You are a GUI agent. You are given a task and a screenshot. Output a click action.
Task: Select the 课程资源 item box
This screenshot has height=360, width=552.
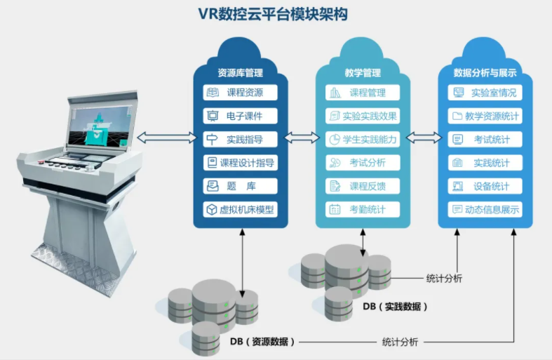(240, 93)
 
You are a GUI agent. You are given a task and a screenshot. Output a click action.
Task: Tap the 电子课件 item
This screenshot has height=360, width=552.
(240, 116)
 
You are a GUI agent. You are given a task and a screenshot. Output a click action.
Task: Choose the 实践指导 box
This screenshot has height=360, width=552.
(240, 139)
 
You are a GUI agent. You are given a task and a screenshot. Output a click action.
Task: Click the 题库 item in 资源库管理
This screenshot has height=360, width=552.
(240, 186)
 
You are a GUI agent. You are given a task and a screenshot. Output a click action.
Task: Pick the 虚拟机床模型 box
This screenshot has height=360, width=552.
(240, 209)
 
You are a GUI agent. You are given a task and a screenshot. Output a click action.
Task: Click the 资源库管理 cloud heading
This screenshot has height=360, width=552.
(240, 72)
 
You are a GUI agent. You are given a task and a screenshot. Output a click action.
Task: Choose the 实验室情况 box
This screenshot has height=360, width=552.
(486, 93)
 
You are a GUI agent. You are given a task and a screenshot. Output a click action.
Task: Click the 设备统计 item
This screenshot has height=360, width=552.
(486, 186)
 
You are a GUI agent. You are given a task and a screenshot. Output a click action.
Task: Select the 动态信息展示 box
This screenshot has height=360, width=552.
(486, 209)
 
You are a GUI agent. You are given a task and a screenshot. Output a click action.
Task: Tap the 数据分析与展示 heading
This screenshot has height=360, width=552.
(485, 72)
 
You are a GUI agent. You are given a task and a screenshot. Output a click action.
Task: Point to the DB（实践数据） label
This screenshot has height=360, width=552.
(394, 307)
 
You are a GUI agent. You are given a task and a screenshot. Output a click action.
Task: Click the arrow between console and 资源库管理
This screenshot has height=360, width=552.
(166, 138)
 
